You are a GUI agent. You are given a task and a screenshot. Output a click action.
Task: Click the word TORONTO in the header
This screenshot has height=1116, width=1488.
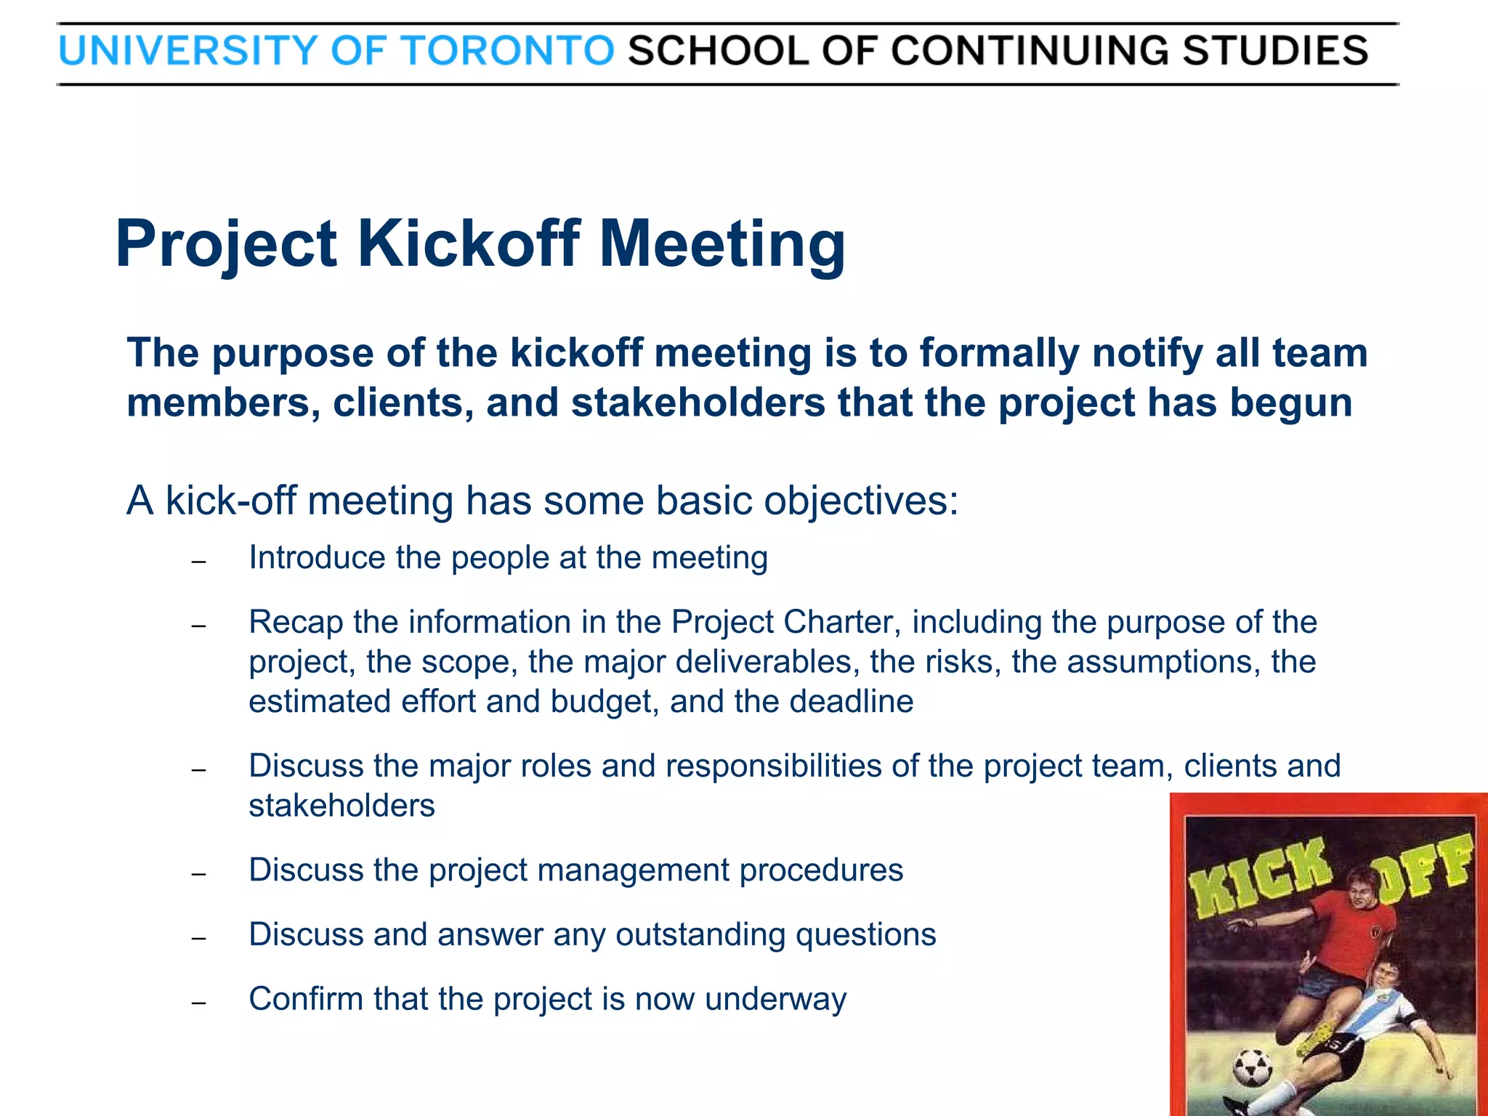(508, 51)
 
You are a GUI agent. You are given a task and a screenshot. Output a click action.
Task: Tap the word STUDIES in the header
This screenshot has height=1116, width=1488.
(1275, 51)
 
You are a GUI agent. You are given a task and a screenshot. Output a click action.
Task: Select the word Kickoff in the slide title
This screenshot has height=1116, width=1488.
(468, 243)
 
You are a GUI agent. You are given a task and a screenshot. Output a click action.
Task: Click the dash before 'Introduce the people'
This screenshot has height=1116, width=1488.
(199, 562)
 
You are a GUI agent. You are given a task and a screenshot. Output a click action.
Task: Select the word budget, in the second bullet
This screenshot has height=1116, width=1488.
(604, 702)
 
